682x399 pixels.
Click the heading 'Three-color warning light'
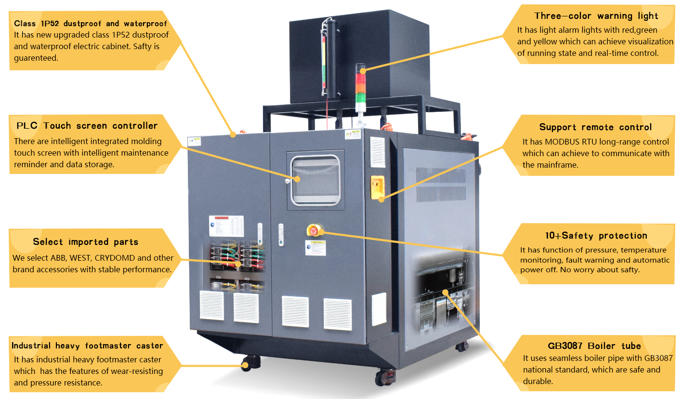pyautogui.click(x=596, y=16)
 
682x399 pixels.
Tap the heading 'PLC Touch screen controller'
pyautogui.click(x=87, y=126)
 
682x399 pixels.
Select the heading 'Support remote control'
pyautogui.click(x=595, y=127)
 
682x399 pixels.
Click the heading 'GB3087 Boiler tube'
pyautogui.click(x=594, y=346)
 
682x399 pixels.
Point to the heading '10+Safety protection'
pyautogui.click(x=596, y=236)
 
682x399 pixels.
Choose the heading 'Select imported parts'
pyautogui.click(x=85, y=242)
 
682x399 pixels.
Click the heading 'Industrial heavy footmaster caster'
pyautogui.click(x=87, y=346)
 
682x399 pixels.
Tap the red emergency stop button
pyautogui.click(x=314, y=231)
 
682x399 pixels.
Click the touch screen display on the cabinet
pyautogui.click(x=315, y=180)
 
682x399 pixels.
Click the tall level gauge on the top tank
pyautogui.click(x=329, y=58)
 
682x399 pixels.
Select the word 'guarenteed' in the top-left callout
pyautogui.click(x=36, y=58)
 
